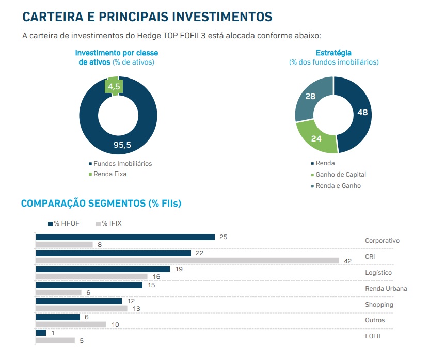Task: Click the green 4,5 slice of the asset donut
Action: [x=114, y=86]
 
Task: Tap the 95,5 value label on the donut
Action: [x=122, y=145]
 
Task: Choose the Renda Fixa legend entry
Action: [x=109, y=174]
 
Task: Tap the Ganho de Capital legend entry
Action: [x=340, y=175]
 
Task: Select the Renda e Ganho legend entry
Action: [x=338, y=186]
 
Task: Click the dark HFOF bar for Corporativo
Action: [x=125, y=237]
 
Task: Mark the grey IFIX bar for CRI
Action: [x=187, y=261]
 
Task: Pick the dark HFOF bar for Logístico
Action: [x=103, y=269]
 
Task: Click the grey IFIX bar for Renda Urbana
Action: [x=58, y=293]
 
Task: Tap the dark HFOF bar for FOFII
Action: [x=41, y=333]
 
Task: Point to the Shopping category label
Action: [x=379, y=305]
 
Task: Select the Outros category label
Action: [x=375, y=321]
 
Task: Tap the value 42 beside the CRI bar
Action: [x=348, y=261]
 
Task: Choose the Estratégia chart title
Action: [x=333, y=53]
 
